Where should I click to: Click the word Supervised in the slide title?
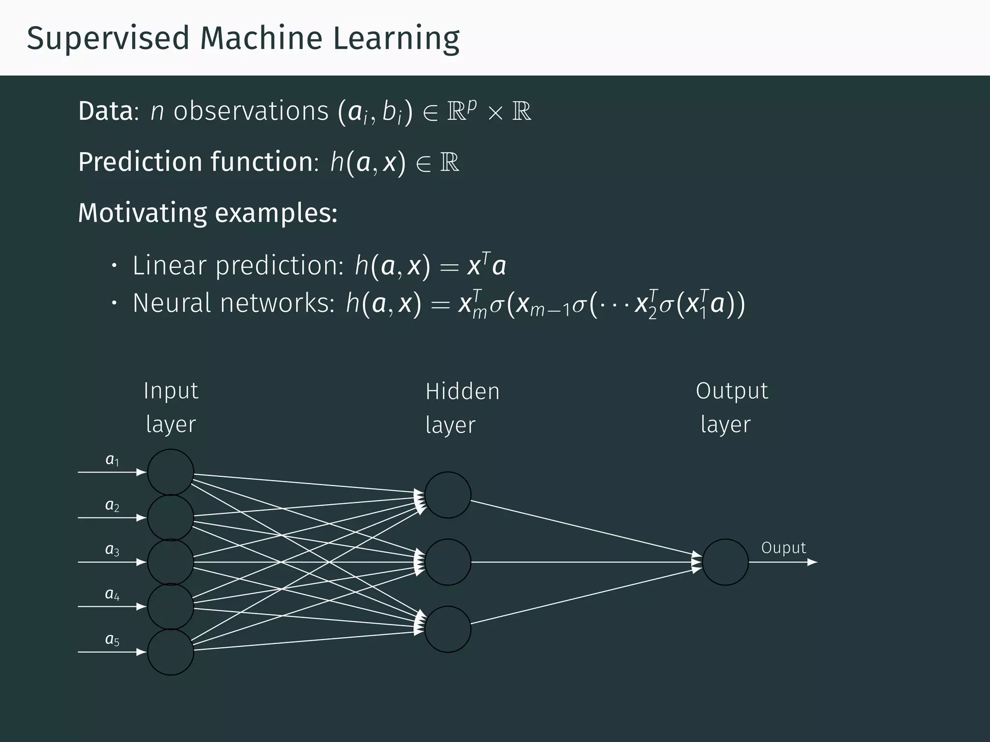[x=108, y=39]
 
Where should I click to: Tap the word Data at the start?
[x=105, y=111]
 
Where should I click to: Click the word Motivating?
[x=143, y=213]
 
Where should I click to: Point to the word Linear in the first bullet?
[x=170, y=266]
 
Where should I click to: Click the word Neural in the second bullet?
[x=171, y=303]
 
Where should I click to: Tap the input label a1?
[x=112, y=460]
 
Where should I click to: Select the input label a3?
[x=112, y=550]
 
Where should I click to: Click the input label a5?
[x=112, y=640]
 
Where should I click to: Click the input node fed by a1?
[x=171, y=472]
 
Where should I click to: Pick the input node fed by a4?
[x=171, y=607]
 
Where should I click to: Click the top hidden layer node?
[x=448, y=495]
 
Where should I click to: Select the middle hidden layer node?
[x=448, y=562]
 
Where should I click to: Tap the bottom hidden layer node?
[x=448, y=629]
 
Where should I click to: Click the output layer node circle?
[x=725, y=562]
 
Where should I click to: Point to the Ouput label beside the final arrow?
[x=784, y=548]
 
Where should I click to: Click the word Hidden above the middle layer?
[x=462, y=391]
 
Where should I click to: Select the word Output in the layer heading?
[x=732, y=391]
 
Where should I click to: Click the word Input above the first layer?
[x=171, y=391]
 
